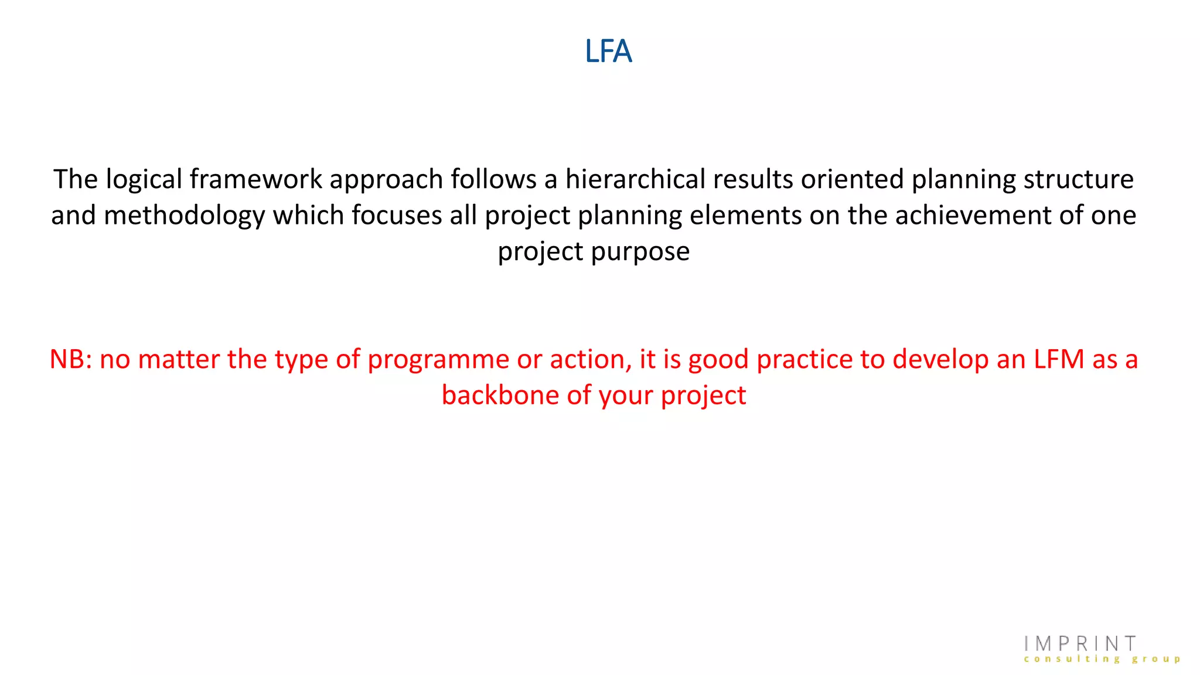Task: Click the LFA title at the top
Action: coord(608,52)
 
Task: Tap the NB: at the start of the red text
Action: coord(71,359)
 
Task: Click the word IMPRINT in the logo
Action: coord(1080,644)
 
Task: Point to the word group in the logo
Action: coord(1156,659)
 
